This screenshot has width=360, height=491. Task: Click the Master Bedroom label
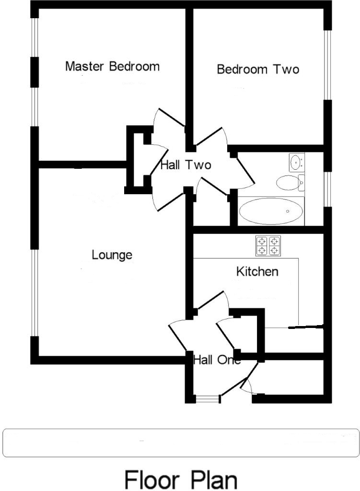click(112, 66)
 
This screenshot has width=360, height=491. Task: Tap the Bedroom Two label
click(258, 70)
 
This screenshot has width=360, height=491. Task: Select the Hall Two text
click(186, 165)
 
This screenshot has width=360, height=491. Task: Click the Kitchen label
click(257, 272)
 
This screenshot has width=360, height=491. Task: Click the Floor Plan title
click(181, 479)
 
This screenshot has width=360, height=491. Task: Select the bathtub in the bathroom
click(271, 211)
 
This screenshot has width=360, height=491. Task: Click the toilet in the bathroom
click(289, 182)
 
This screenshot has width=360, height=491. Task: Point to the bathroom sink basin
click(296, 162)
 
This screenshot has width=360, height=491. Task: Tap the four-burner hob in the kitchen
click(268, 245)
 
